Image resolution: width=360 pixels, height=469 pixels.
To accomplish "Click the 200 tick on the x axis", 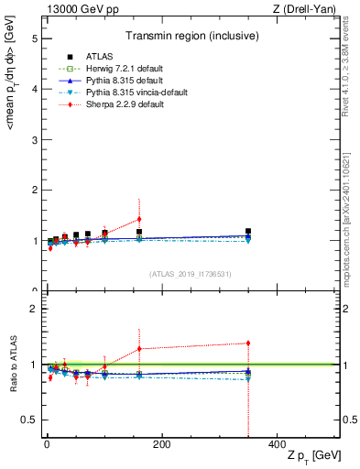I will [x=161, y=445].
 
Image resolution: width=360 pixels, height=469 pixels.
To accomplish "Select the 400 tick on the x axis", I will [x=277, y=445].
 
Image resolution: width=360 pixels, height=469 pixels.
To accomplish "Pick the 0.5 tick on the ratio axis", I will [x=28, y=420].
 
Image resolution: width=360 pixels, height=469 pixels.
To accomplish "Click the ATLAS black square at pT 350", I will [x=248, y=232].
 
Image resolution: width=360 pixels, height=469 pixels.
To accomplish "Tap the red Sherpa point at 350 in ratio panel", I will [x=248, y=344].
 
